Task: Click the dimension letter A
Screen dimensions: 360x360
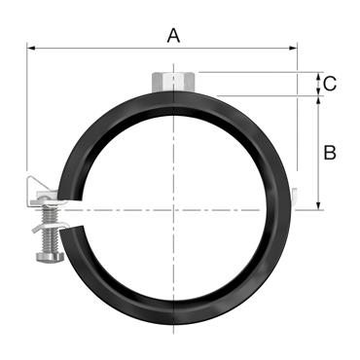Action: click(x=174, y=36)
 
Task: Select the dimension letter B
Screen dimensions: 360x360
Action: click(x=330, y=153)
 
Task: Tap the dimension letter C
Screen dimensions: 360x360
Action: click(x=330, y=84)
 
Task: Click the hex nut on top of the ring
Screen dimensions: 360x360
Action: click(x=174, y=79)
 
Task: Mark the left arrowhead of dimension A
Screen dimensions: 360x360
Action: click(x=30, y=47)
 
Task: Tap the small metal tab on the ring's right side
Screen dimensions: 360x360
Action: click(x=294, y=197)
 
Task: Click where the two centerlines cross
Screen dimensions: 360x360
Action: click(x=174, y=208)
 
